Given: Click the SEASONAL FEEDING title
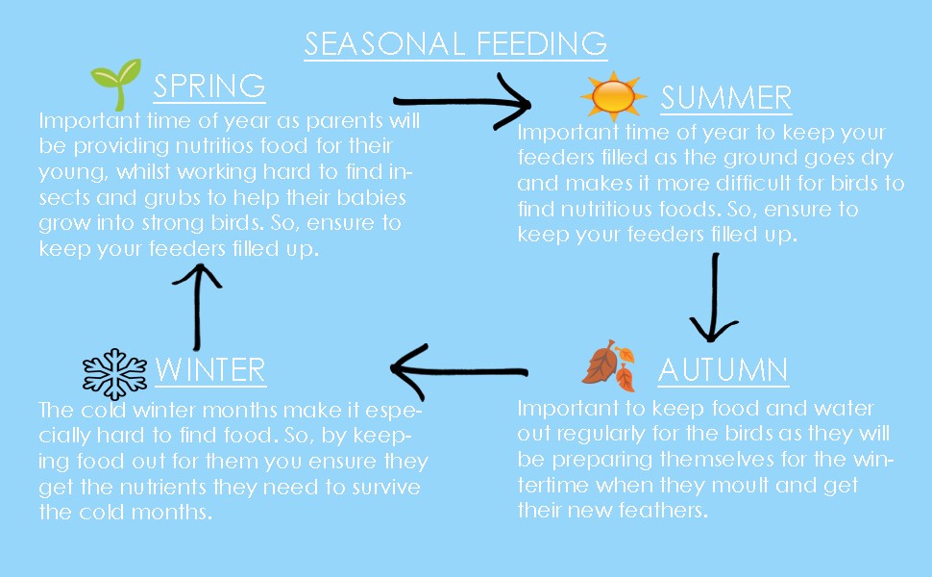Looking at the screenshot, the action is coord(455,43).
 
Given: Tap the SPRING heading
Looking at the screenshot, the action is coord(209,87).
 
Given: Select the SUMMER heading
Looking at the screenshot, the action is coord(726,98).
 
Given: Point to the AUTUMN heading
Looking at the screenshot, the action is coord(724,370).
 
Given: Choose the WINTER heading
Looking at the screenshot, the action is coord(210,370).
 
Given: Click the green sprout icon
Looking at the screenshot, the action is coord(116,84).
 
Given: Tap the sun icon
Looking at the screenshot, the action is coord(613,95).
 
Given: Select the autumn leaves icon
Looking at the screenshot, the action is coord(609,365).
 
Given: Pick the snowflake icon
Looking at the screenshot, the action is coord(114,373).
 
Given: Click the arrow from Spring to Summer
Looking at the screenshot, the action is coord(462,102).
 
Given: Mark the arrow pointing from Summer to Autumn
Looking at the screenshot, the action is coord(714,297).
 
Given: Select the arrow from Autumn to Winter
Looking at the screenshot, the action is coord(459,371).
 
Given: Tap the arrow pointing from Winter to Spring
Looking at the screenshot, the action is coord(197,307).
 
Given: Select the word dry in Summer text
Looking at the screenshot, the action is coord(876,159).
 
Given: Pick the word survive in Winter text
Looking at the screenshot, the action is coord(386,488).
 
